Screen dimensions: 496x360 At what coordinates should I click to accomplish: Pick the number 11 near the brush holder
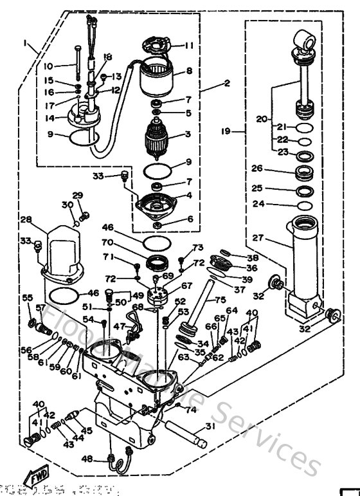[x=188, y=46]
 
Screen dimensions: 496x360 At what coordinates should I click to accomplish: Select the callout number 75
[x=220, y=299]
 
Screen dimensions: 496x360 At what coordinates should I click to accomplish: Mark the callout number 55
[x=27, y=298]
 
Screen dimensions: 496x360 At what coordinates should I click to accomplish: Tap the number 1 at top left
[x=25, y=44]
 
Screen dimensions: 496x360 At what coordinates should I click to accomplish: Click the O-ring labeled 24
[x=305, y=206]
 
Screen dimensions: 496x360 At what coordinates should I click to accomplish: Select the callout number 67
[x=186, y=286]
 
